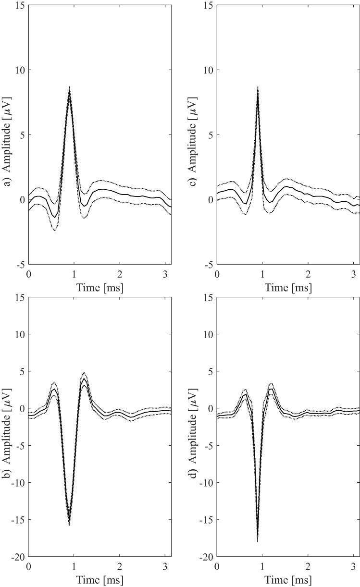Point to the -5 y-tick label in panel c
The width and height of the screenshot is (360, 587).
point(209,265)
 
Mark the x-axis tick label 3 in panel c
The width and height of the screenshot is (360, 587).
point(353,274)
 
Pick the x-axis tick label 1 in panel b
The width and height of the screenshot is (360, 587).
point(74,566)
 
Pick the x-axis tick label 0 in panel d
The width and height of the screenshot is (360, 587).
point(217,566)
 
